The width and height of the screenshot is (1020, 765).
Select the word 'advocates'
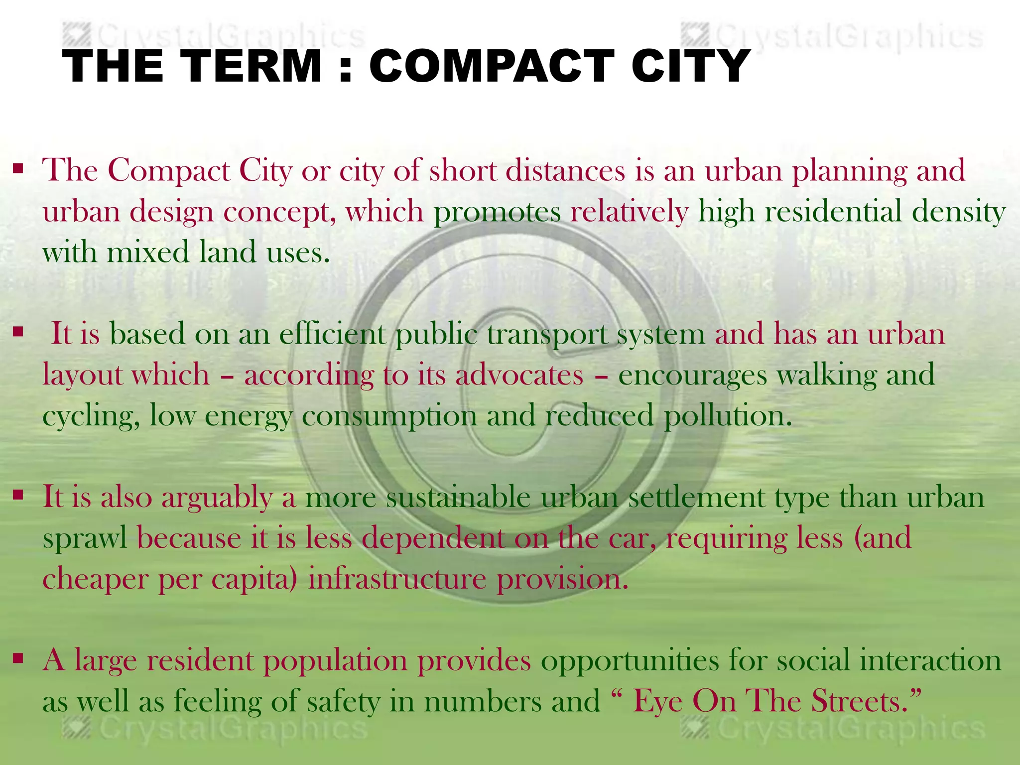tap(519, 375)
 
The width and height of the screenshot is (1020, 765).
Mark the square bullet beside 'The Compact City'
tap(18, 169)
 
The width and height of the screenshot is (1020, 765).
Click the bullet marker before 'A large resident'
tap(18, 659)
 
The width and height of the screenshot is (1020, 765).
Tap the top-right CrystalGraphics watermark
tap(832, 36)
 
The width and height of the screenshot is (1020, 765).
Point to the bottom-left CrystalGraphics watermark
tap(214, 729)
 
